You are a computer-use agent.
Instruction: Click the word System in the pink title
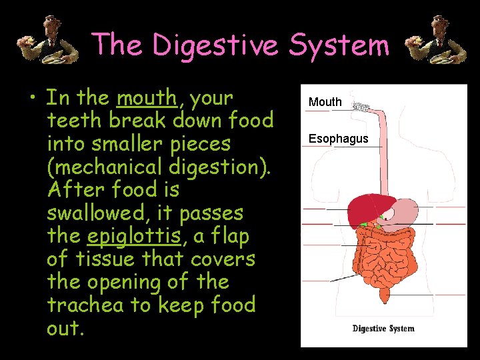coord(339,45)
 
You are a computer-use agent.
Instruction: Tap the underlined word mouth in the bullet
coord(146,98)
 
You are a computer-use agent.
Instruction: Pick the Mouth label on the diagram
coord(325,102)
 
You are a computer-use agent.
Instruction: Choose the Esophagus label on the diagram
coord(338,139)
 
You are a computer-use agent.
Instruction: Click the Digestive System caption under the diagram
coord(383,328)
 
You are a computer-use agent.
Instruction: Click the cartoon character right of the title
coord(437,41)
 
